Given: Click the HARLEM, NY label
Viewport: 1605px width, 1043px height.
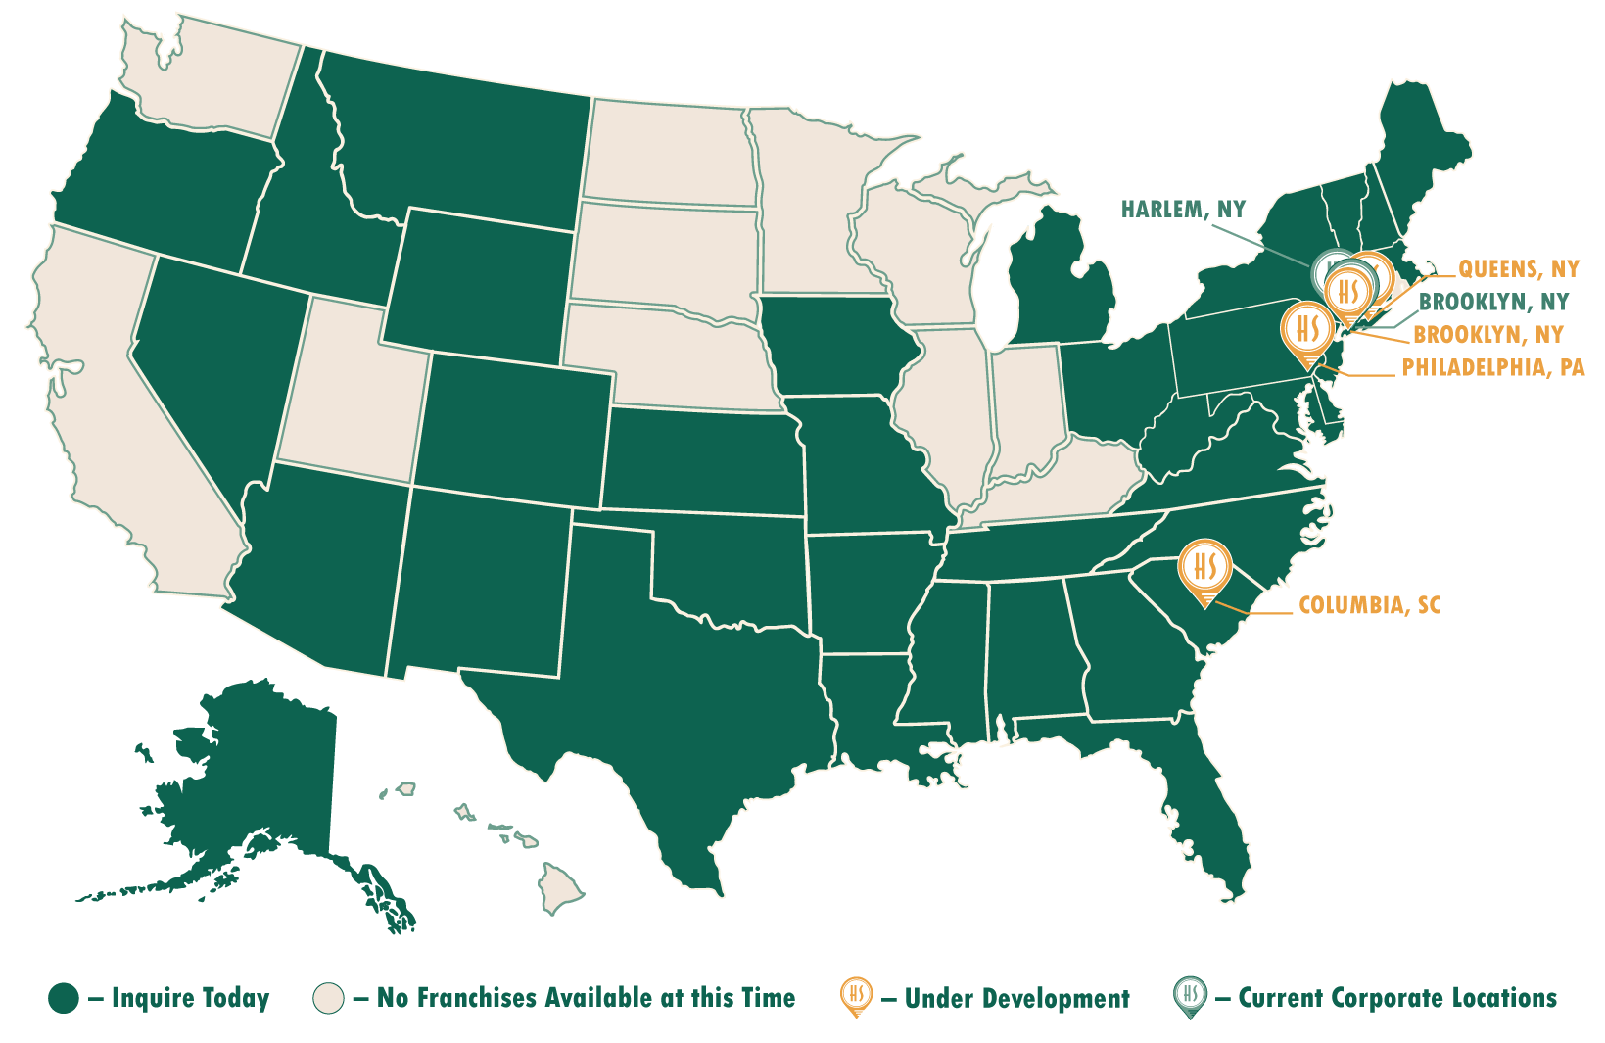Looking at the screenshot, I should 1182,210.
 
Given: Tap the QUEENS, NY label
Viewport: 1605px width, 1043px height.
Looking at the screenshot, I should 1518,269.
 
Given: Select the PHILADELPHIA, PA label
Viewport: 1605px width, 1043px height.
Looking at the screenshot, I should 1492,368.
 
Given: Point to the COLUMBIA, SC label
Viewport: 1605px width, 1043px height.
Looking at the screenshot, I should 1369,605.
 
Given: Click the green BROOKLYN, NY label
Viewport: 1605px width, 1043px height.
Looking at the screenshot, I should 1492,302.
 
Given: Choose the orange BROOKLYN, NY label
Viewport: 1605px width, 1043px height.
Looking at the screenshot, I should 1487,335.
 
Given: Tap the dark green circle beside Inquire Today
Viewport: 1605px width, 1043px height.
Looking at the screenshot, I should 64,999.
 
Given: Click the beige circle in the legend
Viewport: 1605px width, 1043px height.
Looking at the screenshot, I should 328,999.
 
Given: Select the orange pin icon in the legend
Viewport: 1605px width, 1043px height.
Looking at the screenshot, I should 856,997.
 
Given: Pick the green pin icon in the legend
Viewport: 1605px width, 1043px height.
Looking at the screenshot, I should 1190,997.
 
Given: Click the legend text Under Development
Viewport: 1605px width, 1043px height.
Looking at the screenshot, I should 1016,999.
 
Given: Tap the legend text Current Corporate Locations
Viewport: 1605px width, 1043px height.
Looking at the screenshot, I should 1396,999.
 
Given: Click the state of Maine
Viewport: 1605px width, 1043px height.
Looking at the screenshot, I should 1420,157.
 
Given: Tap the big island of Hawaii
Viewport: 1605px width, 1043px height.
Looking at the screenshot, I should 560,886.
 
